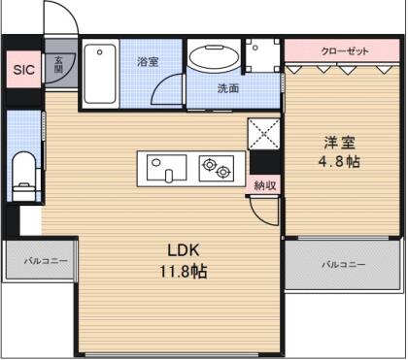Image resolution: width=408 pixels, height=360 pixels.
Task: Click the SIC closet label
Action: (x=23, y=69)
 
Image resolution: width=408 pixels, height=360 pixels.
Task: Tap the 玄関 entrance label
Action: (x=58, y=64)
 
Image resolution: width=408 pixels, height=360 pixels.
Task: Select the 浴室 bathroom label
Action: (x=148, y=61)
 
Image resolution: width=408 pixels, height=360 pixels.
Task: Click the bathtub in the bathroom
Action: (x=100, y=74)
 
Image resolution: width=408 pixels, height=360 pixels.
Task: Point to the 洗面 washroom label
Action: (x=228, y=88)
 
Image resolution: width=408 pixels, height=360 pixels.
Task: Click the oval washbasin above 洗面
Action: (x=215, y=57)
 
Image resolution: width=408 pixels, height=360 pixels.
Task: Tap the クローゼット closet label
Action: (x=345, y=51)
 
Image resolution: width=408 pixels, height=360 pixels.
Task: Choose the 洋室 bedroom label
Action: (x=339, y=143)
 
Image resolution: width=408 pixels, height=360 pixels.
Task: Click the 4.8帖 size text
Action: (x=339, y=161)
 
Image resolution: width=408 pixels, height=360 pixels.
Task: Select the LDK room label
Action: (x=183, y=250)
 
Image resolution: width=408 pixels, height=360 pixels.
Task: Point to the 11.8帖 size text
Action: (x=184, y=271)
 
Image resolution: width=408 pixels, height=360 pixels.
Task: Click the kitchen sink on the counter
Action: (x=166, y=168)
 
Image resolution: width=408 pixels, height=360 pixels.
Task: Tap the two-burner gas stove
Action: (x=217, y=168)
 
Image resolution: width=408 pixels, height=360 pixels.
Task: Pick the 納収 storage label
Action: (x=265, y=185)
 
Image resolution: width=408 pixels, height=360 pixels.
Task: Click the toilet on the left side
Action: (x=24, y=177)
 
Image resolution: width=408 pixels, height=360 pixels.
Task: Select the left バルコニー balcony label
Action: (x=46, y=261)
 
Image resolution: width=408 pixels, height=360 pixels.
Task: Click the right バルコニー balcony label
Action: (x=344, y=265)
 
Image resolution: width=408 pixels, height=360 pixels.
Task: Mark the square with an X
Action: (x=264, y=134)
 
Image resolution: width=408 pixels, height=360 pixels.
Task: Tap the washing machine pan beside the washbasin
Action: (x=262, y=55)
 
